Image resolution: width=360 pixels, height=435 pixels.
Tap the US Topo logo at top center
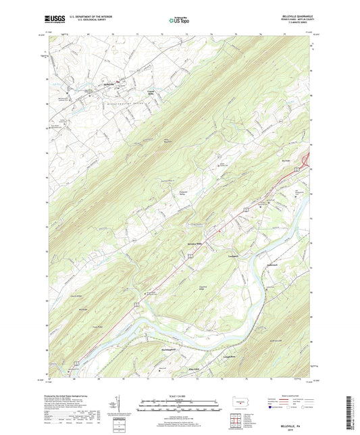coord(177,21)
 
